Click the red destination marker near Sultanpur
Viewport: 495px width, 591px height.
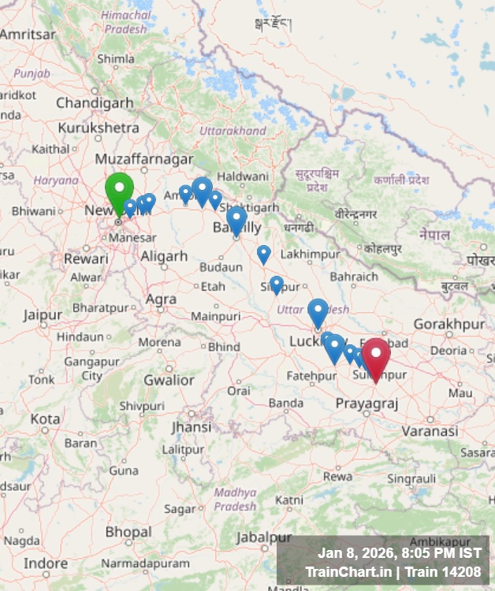(376, 356)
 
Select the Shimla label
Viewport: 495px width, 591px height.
(115, 58)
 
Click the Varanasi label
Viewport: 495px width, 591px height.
(430, 431)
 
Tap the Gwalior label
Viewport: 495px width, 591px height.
(168, 380)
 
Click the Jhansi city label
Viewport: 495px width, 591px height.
(192, 427)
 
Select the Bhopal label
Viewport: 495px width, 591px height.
(128, 533)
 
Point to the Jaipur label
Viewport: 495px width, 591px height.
(43, 315)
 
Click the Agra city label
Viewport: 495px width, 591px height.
(162, 299)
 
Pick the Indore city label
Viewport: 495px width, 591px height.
(46, 563)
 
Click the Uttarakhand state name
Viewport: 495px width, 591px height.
(233, 131)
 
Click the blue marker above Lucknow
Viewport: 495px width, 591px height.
(318, 311)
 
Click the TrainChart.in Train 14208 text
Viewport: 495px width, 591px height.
(393, 572)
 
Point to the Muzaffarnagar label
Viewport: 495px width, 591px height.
(143, 158)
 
